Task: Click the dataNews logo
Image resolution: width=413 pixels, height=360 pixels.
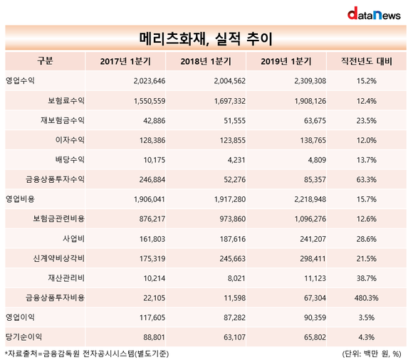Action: pos(374,14)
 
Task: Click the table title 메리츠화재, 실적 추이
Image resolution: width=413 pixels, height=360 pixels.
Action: pos(206,39)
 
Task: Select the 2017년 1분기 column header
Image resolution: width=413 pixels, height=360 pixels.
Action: pos(125,61)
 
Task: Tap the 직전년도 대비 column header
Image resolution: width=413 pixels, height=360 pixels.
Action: pos(367,61)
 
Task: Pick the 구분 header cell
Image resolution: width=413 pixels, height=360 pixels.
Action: pos(45,61)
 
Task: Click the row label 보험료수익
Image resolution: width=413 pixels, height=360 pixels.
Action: pos(66,100)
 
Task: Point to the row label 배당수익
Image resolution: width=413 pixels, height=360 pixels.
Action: pos(70,160)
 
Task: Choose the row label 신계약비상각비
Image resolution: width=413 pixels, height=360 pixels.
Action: pos(58,258)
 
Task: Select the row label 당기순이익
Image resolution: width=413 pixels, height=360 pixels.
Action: pos(23,337)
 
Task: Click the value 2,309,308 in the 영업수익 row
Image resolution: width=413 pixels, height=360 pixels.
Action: pos(310,81)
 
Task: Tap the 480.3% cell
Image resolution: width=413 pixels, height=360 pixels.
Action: pos(367,298)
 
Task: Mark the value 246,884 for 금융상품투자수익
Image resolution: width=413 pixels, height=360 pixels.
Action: pos(152,179)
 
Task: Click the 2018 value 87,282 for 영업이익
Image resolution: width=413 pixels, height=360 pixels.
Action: pos(234,317)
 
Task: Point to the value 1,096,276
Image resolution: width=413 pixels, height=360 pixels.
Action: pos(310,219)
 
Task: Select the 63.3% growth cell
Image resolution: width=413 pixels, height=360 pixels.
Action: pos(367,179)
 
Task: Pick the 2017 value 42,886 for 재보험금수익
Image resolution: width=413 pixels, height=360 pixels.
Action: pos(155,120)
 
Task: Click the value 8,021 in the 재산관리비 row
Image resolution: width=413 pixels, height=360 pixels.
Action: pos(236,278)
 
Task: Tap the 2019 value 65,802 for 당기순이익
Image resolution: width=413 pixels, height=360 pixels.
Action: pos(315,337)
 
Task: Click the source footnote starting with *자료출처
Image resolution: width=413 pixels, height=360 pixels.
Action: pos(87,354)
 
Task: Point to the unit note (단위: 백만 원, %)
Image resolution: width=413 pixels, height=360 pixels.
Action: pos(372,354)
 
